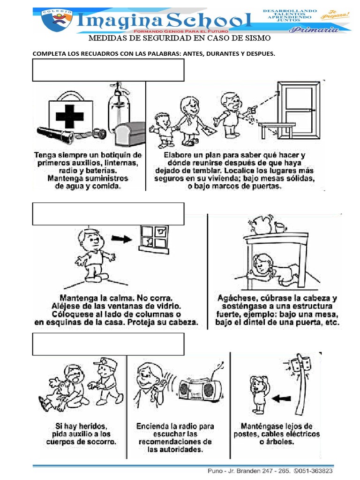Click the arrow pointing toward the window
[x=123, y=239]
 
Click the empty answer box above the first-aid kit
[x=108, y=70]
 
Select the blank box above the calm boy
[x=108, y=214]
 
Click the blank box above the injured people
[x=108, y=344]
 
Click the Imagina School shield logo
[x=56, y=20]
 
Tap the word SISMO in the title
[x=256, y=38]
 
